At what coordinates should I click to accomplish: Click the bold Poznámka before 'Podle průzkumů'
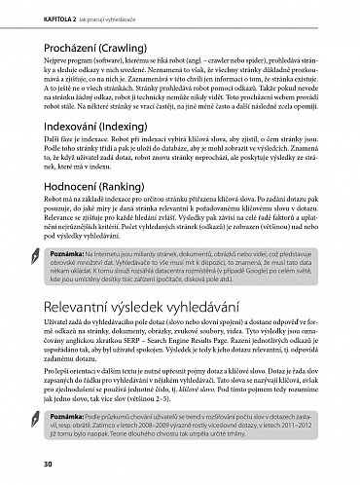60,415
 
